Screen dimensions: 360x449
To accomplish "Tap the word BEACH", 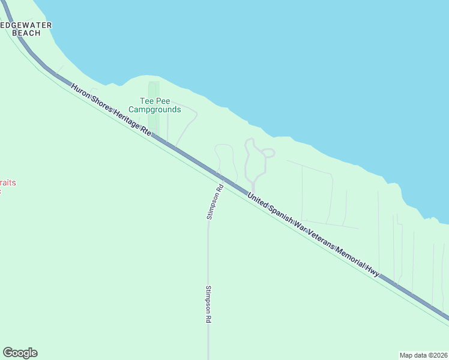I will (x=26, y=33).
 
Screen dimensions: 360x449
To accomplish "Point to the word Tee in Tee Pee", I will (x=146, y=101).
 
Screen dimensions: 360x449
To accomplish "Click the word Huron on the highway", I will (x=81, y=92).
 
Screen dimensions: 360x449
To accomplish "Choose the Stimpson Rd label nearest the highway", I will (x=215, y=201).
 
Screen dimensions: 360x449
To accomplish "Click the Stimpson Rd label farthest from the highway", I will (x=208, y=304).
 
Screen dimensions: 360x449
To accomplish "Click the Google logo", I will (x=20, y=353).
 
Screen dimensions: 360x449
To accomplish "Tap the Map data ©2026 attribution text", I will (x=423, y=355).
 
